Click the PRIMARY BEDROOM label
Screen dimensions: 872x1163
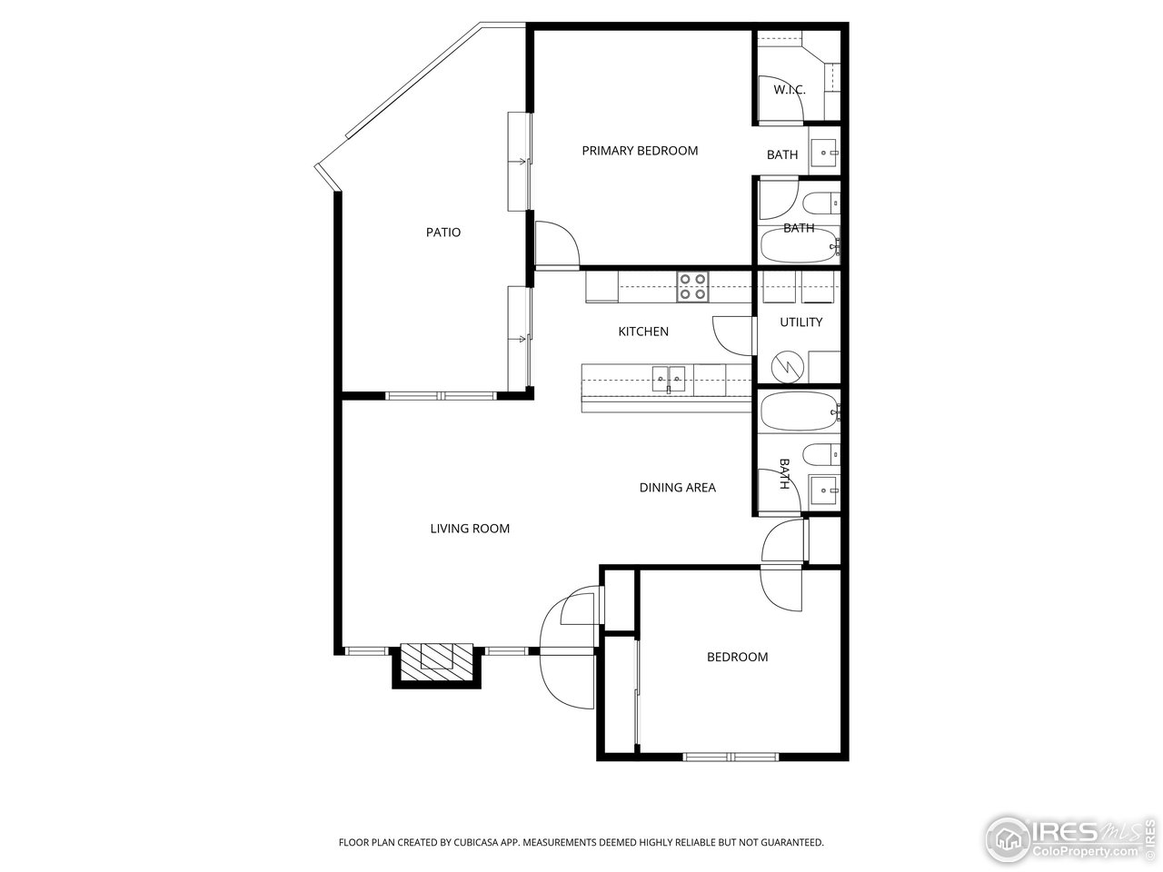click(x=640, y=151)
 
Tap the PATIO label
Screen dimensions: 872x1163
click(x=443, y=233)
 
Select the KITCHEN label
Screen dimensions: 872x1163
click(x=643, y=332)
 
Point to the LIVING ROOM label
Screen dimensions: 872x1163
click(x=470, y=529)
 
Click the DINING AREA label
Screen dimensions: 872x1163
click(x=677, y=488)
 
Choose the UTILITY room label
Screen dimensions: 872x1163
click(x=800, y=322)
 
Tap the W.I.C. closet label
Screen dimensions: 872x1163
click(x=790, y=90)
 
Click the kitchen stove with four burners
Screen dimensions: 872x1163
click(x=693, y=287)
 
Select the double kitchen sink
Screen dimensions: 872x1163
click(x=670, y=378)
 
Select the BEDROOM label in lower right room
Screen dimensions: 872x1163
click(x=737, y=657)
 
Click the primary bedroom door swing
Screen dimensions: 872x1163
click(x=555, y=244)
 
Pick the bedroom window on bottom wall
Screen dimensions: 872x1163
click(x=731, y=756)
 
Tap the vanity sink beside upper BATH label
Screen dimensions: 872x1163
click(x=824, y=154)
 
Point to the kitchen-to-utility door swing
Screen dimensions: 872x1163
click(x=734, y=335)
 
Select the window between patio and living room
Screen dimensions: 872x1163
click(x=441, y=396)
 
